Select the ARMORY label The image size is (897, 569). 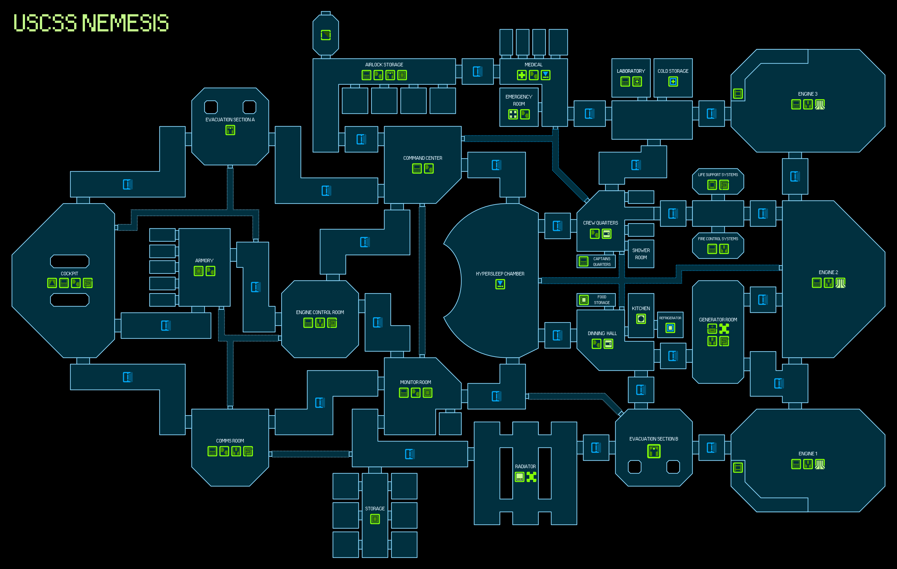pos(204,260)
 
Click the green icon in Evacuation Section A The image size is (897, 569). pos(230,130)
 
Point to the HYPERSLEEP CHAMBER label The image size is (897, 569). pos(500,274)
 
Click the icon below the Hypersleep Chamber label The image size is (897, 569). pos(500,284)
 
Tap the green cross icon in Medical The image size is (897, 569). pos(521,75)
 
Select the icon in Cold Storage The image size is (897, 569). pos(673,82)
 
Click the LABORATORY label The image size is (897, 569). pos(631,71)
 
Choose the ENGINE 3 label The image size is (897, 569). pos(808,94)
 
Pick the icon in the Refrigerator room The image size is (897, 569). pos(670,328)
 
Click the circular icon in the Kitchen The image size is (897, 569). pos(641,319)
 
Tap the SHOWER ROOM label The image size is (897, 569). pos(641,254)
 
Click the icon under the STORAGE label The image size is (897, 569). pos(375,519)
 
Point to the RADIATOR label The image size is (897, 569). pos(525,466)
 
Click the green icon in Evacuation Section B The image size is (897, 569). pos(654,451)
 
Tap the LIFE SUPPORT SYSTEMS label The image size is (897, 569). pos(718,175)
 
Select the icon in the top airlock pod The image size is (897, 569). pos(326,35)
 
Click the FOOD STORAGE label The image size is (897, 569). pos(602,300)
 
